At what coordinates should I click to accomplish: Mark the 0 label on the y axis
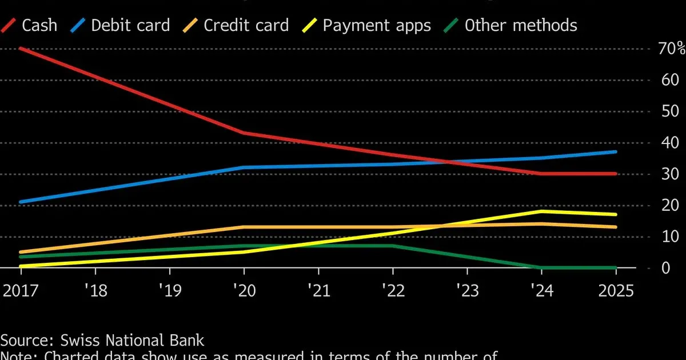point(665,267)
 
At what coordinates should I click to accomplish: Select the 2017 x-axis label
point(21,290)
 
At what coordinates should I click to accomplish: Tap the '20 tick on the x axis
point(244,290)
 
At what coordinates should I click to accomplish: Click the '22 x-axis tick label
point(392,290)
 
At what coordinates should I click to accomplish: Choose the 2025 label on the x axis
point(615,290)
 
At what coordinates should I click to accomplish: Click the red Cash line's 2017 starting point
point(21,49)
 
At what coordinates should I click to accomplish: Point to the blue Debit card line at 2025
point(615,152)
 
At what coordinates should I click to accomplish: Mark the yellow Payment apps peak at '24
point(541,211)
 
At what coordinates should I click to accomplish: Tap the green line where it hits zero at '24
point(541,267)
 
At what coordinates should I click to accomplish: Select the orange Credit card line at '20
point(244,227)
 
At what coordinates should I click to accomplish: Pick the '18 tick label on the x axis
point(95,290)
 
